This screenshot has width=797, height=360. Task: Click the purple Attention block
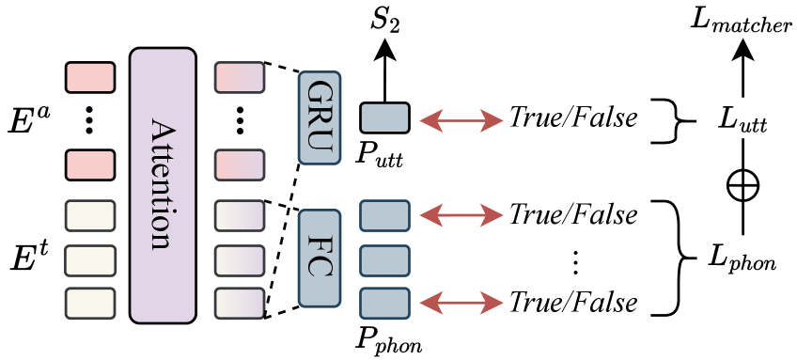(x=163, y=185)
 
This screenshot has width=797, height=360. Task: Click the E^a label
(x=28, y=118)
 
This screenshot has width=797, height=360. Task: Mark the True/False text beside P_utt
(x=573, y=118)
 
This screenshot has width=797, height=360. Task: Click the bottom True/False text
(x=573, y=303)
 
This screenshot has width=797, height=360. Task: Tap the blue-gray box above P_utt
(x=384, y=117)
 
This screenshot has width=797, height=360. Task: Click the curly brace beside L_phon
(x=669, y=258)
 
